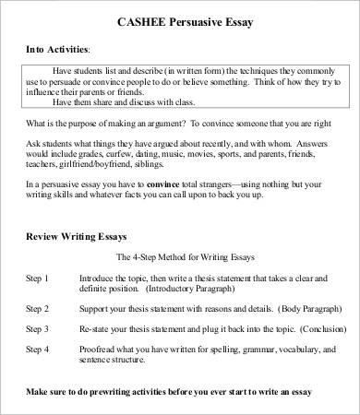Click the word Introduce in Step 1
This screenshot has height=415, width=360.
[x=100, y=278]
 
